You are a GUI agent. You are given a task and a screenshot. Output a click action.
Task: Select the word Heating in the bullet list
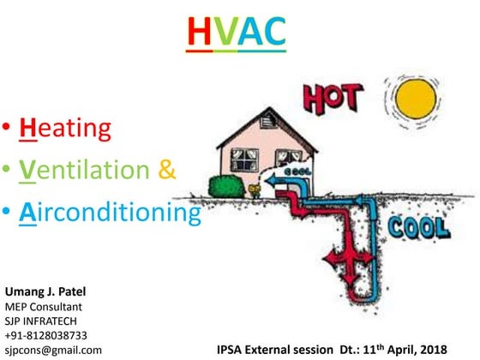click(67, 128)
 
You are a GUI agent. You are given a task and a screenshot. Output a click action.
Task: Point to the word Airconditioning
click(110, 211)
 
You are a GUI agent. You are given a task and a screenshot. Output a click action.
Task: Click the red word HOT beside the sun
click(337, 99)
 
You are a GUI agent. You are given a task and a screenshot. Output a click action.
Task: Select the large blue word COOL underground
click(419, 227)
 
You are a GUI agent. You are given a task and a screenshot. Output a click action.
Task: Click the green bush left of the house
click(225, 185)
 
